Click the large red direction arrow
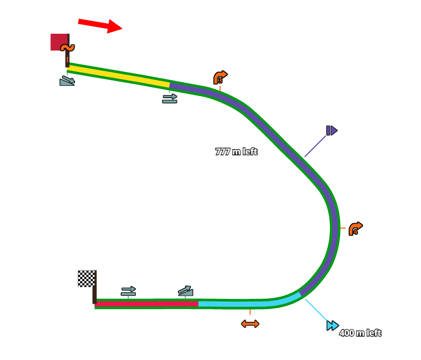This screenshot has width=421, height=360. (100, 25)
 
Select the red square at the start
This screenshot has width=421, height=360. (58, 42)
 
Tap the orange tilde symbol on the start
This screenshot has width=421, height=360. (68, 48)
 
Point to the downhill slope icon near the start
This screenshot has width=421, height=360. (67, 81)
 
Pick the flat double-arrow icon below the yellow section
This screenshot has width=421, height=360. (169, 98)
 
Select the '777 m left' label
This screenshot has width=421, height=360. (236, 152)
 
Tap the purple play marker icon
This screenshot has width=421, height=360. (331, 130)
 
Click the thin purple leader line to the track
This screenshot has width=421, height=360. (315, 146)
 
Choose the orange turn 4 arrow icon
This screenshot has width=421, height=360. (356, 229)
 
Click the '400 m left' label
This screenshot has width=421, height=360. (360, 333)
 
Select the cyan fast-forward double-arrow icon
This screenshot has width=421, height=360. (333, 325)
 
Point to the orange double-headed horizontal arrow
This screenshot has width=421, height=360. (250, 324)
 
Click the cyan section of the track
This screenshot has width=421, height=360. (241, 304)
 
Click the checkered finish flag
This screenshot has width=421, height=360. (86, 278)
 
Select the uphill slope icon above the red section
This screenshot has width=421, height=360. (186, 291)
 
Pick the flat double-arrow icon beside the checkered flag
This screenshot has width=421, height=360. (128, 291)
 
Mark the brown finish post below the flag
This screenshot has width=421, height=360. (94, 295)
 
